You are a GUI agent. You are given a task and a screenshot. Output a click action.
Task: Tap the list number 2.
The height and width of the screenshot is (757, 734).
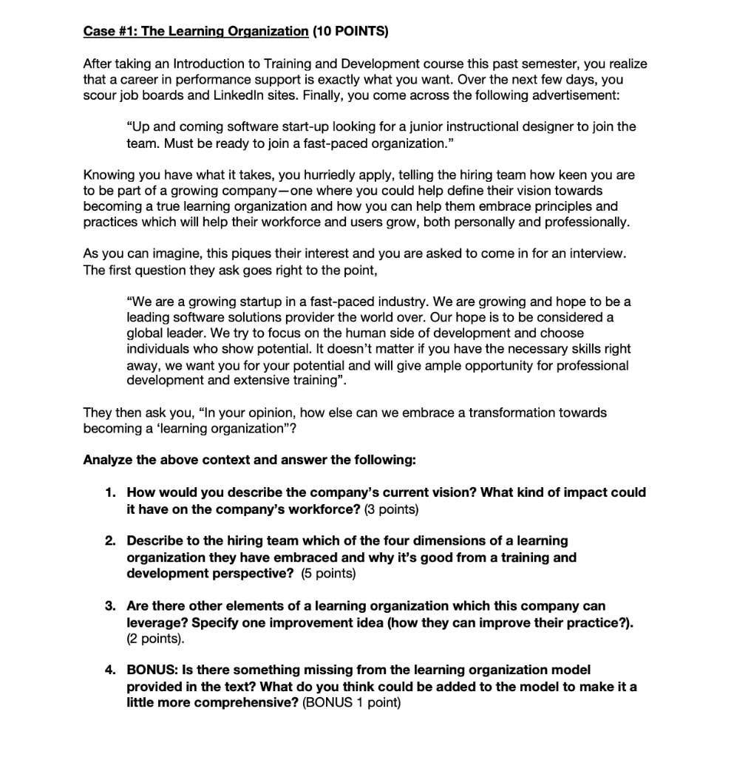click(109, 541)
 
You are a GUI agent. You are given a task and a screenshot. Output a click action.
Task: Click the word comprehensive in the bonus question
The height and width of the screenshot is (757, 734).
click(237, 702)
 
